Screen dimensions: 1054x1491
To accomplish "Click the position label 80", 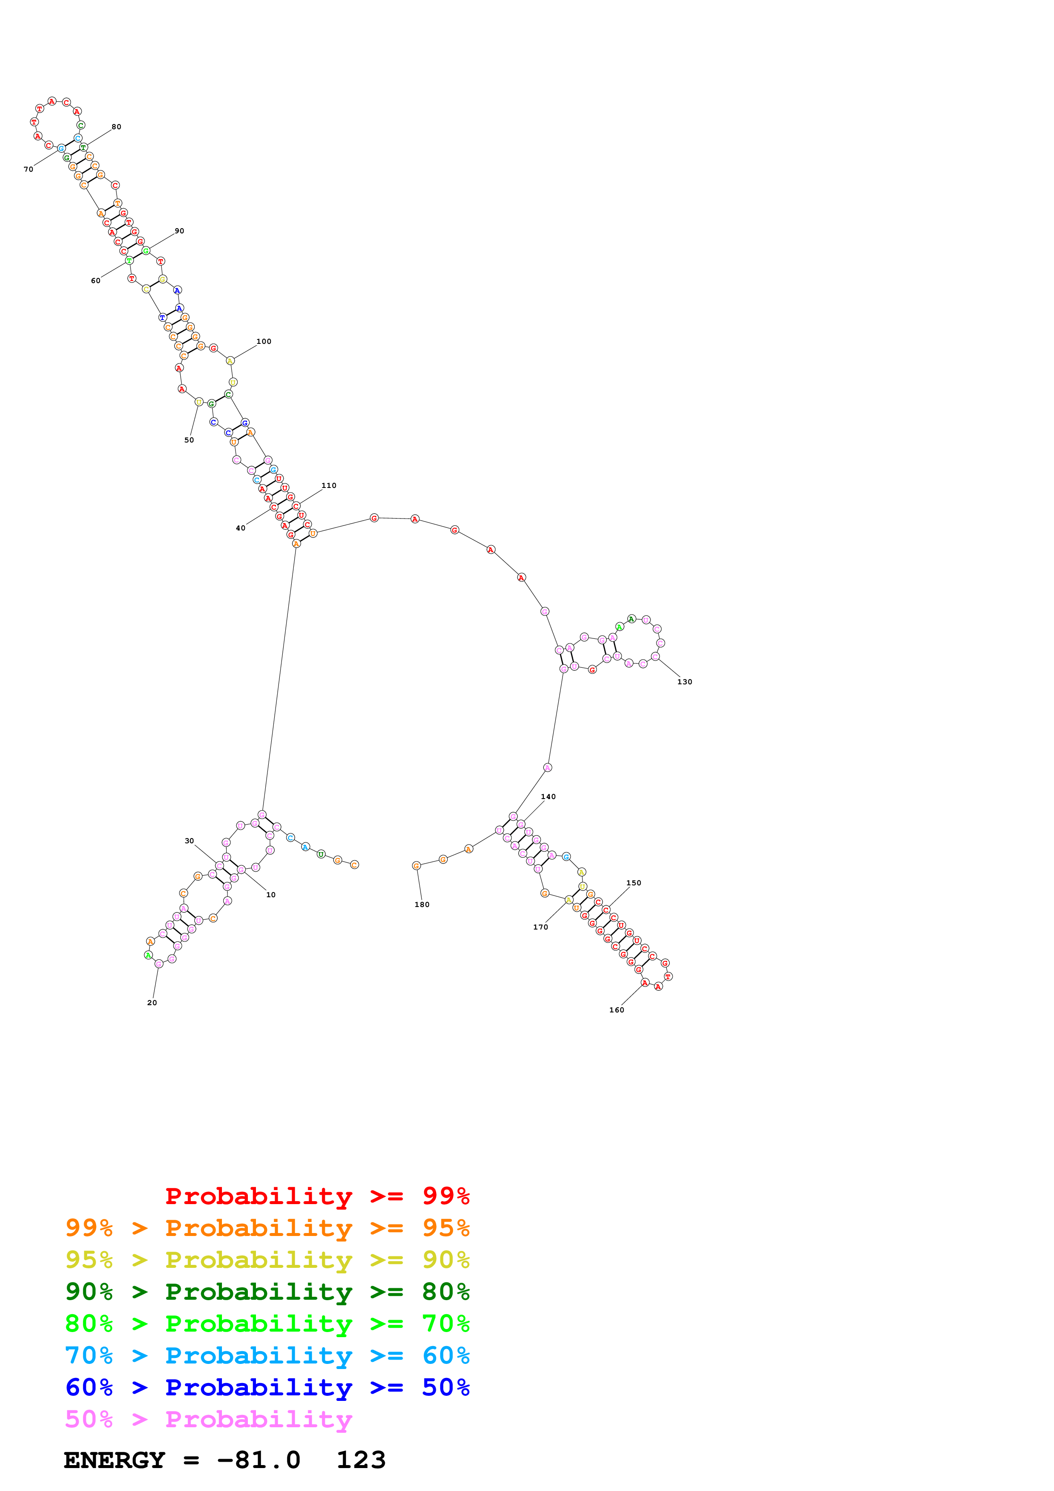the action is click(x=116, y=127).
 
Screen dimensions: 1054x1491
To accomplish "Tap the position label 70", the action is click(x=28, y=170).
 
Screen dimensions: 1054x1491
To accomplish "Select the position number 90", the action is click(x=179, y=230).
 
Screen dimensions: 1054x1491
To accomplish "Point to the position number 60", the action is click(x=96, y=281).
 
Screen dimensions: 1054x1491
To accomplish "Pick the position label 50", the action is click(x=189, y=439).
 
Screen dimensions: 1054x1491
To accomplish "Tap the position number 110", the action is click(x=329, y=485).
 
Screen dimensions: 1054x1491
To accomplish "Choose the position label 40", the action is click(x=240, y=528).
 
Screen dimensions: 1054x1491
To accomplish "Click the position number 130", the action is click(x=685, y=682).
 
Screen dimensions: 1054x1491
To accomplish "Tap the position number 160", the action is click(x=616, y=1010).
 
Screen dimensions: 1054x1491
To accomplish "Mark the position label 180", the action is click(x=421, y=904).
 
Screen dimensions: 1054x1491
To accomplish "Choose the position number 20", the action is click(x=152, y=1003).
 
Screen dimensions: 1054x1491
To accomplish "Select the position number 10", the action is click(x=271, y=895).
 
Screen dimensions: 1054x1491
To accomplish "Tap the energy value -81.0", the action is click(x=259, y=1460).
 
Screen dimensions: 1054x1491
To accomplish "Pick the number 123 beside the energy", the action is click(x=361, y=1460).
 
